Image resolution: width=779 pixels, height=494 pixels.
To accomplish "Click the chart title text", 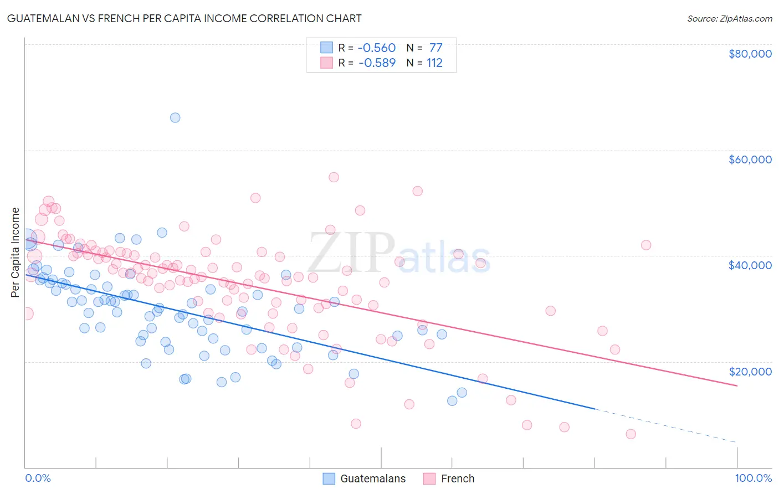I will [x=184, y=18].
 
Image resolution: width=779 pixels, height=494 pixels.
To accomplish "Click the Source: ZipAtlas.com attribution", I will [x=729, y=18].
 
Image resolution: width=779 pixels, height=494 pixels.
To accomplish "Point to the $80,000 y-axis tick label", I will [x=750, y=54].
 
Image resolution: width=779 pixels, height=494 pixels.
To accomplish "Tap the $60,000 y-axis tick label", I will [x=750, y=159].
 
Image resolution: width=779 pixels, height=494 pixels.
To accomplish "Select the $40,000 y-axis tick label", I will [x=750, y=265].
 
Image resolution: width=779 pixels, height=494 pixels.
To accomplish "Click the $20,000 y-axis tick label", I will [x=750, y=371].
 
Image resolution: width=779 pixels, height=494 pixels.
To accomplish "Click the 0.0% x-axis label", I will [x=38, y=478].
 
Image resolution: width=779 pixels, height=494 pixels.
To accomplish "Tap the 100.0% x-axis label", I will [x=753, y=478].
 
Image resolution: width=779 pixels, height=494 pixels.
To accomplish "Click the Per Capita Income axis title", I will [x=16, y=252].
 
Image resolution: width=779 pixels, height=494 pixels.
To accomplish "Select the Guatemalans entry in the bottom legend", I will [x=372, y=478].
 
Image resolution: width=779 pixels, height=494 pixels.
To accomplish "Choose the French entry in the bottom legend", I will [x=457, y=478].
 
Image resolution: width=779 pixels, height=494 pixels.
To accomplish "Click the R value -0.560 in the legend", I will [x=377, y=48].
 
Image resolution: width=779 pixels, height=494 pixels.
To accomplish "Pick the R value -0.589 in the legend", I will [x=377, y=63].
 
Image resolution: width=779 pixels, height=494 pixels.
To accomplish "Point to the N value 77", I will [x=435, y=48].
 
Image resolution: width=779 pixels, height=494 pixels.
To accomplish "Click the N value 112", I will [x=434, y=63].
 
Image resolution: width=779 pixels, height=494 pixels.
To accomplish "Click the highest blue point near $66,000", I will [x=175, y=117].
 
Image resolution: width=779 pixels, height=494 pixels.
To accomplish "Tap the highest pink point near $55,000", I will [x=334, y=177].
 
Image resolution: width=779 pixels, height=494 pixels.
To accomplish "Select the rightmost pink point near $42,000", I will [x=646, y=245].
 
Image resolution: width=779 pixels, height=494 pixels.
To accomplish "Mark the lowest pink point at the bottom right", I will [x=631, y=434].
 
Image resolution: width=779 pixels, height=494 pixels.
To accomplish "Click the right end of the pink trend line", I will [x=737, y=385].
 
